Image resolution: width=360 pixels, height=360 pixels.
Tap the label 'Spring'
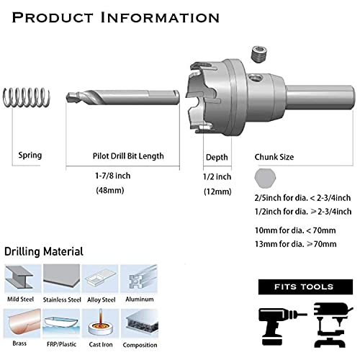(30, 156)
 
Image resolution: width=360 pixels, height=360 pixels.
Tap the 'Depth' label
(216, 156)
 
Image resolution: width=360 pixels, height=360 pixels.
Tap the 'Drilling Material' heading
(44, 252)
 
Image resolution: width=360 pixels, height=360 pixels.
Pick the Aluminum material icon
(138, 277)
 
